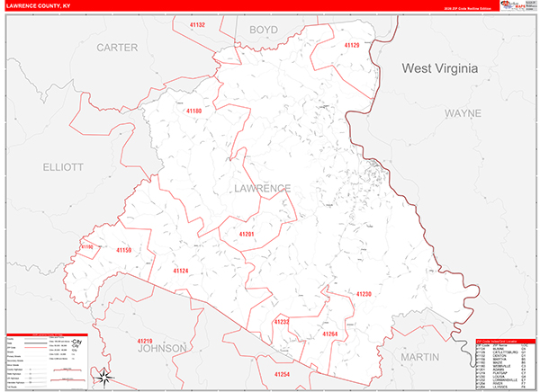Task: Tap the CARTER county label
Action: pos(117,47)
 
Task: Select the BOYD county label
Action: pos(264,30)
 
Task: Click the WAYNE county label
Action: pos(463,113)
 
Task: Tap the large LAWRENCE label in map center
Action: pos(261,188)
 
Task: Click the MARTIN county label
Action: pos(420,357)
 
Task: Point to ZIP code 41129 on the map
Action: pos(351,45)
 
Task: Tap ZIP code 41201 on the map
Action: pos(247,234)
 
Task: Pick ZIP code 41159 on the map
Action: pos(123,250)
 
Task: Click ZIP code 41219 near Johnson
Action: pos(145,341)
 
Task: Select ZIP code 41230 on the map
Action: pos(363,294)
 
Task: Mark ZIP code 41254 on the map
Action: pos(283,373)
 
